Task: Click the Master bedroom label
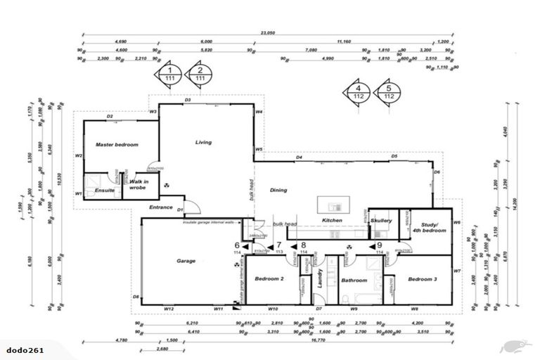(x=117, y=144)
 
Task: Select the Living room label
(x=203, y=143)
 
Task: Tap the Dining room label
(x=279, y=190)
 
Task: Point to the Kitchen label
(x=332, y=221)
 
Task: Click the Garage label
(x=185, y=261)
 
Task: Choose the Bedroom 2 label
(x=269, y=279)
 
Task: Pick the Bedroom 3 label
(x=423, y=279)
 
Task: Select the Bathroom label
(x=355, y=281)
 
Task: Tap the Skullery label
(x=381, y=221)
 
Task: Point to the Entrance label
(x=162, y=207)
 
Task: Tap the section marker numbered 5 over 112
(x=388, y=92)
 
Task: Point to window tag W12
(x=169, y=309)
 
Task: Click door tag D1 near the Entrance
(x=180, y=210)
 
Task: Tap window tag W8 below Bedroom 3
(x=415, y=309)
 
